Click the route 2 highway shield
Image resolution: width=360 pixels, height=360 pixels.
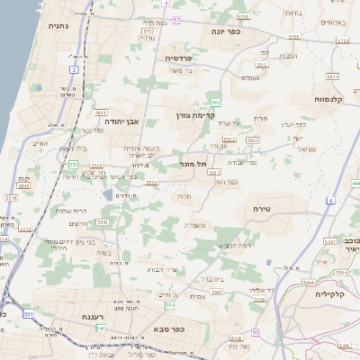[x=73, y=68]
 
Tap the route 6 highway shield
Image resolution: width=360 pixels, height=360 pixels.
[x=330, y=200]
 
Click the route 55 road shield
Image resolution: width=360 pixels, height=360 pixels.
[x=256, y=332]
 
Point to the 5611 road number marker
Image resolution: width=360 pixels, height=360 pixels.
[x=101, y=112]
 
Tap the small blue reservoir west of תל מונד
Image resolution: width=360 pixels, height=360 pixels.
[x=108, y=195]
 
